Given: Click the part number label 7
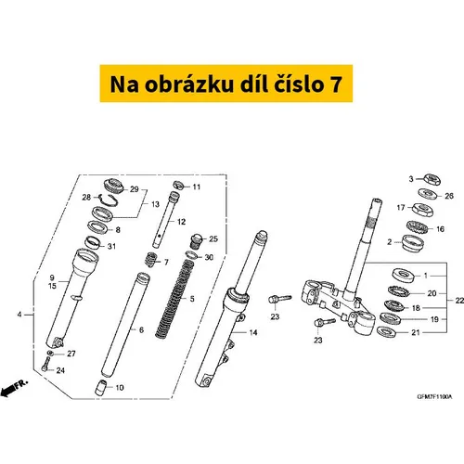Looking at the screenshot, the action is tap(166, 263).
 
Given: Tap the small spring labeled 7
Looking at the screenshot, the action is tap(151, 259).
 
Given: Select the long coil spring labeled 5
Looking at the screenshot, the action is tap(174, 299).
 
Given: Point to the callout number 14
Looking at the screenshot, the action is tap(253, 332).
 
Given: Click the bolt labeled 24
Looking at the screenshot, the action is tap(45, 364).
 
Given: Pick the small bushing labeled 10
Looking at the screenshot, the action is tap(100, 388).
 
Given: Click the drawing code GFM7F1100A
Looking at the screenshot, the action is tap(434, 397).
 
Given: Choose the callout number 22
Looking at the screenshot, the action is tap(459, 301).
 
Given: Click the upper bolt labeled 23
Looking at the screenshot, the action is tap(279, 299).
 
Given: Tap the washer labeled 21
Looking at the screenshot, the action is tap(387, 331).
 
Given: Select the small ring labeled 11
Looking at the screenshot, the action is tap(179, 186).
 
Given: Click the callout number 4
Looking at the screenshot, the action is tap(19, 315).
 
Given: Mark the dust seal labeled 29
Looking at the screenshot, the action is tap(113, 186).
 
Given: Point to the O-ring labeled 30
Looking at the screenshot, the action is tap(191, 255).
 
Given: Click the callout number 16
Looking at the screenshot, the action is tap(440, 229).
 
